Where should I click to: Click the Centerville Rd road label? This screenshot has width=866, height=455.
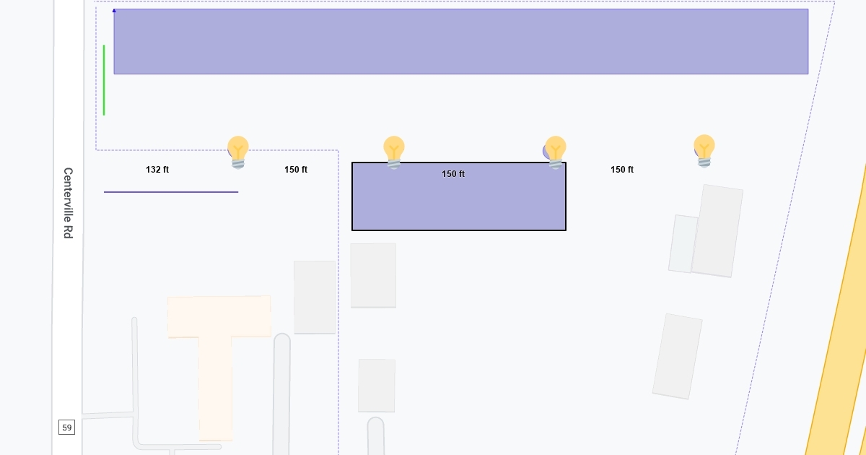[68, 203]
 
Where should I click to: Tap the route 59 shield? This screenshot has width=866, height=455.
[66, 428]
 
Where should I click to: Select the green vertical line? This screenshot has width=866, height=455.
[104, 80]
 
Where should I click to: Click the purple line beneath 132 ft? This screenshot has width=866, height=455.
[171, 192]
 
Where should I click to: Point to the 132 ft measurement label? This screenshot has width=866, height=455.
[157, 170]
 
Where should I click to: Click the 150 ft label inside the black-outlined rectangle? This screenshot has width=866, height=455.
[453, 174]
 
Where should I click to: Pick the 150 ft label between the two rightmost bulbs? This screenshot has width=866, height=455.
[622, 170]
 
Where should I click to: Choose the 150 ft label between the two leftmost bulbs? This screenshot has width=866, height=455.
[296, 170]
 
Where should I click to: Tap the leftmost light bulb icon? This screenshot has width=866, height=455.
[238, 152]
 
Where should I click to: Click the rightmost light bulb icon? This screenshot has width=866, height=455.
[704, 150]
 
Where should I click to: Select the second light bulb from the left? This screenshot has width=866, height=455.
[394, 152]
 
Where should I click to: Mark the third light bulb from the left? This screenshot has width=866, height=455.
[555, 152]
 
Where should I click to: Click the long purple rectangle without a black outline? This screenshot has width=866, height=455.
[460, 41]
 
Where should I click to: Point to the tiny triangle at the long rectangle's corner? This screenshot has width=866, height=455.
[114, 10]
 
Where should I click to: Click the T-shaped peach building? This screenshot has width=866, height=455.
[216, 347]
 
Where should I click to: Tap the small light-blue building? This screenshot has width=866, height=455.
[682, 244]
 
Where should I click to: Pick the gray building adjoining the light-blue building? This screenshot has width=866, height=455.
[717, 230]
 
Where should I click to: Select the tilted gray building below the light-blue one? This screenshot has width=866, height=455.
[677, 356]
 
